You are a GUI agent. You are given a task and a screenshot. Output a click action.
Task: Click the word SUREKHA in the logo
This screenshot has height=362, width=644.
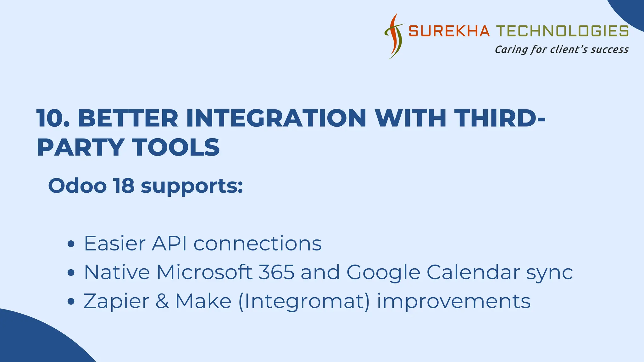point(449,31)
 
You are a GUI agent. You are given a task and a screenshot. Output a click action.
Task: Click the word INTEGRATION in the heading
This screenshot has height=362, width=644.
point(276,119)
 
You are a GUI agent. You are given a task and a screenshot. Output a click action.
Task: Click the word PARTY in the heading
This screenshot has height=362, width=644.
point(80,148)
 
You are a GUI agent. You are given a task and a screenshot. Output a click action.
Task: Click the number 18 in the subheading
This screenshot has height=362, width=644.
point(124,186)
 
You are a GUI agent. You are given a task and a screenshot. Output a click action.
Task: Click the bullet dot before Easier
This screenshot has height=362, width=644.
point(71,244)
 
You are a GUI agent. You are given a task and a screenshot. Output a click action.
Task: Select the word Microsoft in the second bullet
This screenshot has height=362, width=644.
point(204,272)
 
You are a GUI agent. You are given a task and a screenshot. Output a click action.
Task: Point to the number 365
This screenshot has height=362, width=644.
point(277,272)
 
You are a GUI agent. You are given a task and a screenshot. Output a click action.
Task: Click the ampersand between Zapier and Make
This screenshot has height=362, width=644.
point(162,301)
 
